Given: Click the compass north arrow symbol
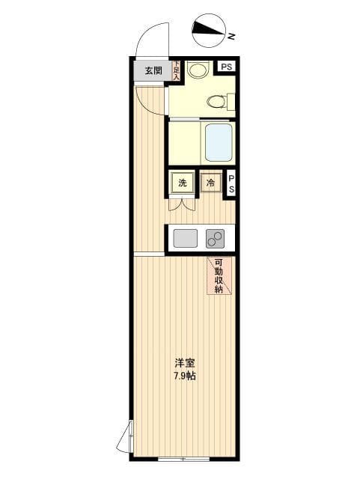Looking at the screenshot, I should (x=209, y=30).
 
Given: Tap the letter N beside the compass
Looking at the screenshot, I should (x=232, y=35).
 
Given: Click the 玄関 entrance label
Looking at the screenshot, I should (x=153, y=70).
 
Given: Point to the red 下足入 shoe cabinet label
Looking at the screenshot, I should (x=177, y=70).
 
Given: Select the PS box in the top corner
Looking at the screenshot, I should (x=226, y=67).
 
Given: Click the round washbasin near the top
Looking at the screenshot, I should (x=198, y=70).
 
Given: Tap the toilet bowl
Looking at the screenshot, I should (x=216, y=101).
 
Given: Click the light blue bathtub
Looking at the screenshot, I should (x=219, y=142).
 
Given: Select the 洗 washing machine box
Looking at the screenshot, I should (x=183, y=183).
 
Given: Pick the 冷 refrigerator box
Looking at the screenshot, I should (x=211, y=183).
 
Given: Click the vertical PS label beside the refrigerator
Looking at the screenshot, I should (x=231, y=183).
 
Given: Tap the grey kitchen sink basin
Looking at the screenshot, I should (x=185, y=238).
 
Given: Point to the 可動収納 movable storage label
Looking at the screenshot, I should (x=219, y=275).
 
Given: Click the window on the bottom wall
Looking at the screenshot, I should (x=184, y=457).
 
